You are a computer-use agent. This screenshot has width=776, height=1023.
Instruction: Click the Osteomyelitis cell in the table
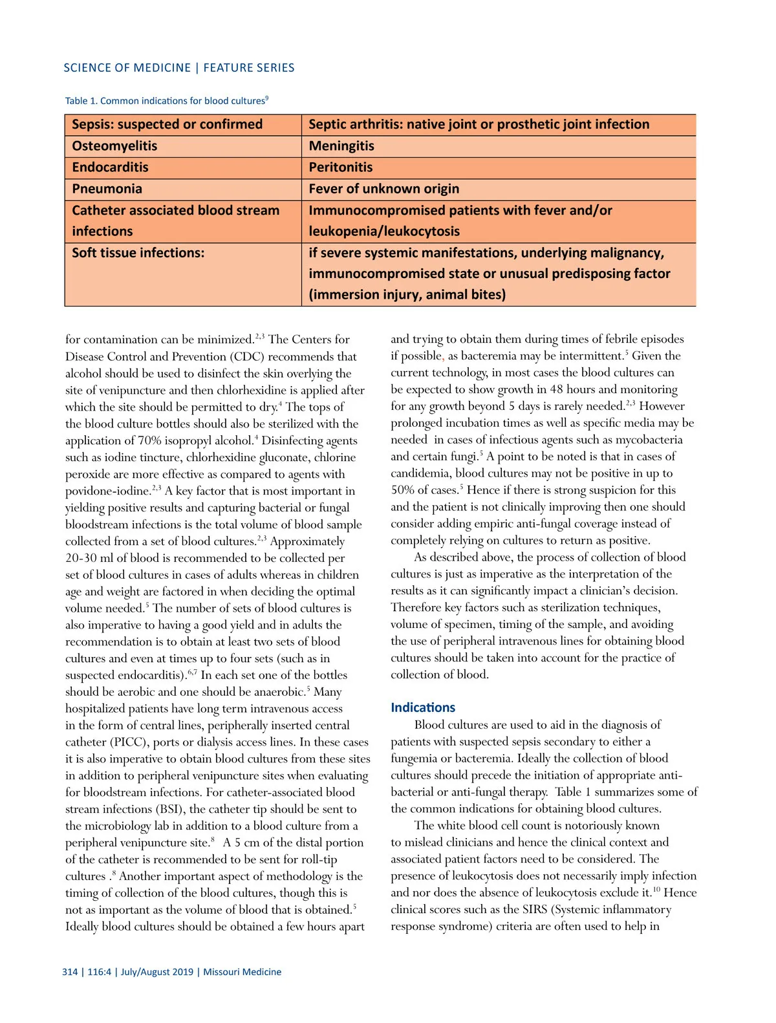[114, 146]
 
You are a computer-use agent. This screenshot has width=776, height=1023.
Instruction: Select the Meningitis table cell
[341, 146]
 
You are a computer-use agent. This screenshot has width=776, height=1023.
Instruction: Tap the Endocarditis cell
[110, 167]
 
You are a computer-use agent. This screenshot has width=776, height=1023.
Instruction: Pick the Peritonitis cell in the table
[341, 167]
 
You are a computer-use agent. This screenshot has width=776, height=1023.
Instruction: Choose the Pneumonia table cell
[107, 189]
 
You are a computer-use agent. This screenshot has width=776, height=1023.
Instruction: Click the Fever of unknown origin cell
[383, 189]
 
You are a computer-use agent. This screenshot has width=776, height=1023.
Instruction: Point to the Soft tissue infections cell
[138, 253]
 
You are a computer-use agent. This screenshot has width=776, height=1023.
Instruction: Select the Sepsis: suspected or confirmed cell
[167, 124]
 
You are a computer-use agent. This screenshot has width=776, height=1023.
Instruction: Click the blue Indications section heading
[423, 707]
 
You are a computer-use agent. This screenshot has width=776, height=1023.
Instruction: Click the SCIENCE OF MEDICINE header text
[127, 68]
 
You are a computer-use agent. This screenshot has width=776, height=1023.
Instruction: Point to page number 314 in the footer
[70, 972]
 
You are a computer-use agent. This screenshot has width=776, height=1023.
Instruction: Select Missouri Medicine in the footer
[242, 972]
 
